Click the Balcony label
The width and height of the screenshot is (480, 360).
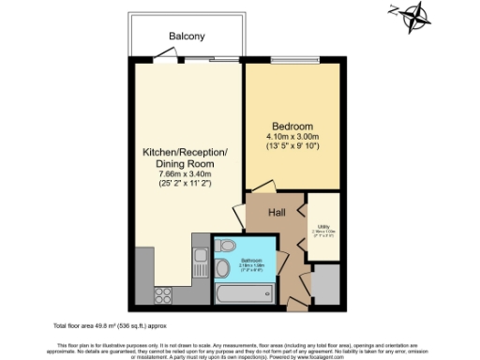(x=187, y=37)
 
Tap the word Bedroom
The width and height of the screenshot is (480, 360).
(x=292, y=127)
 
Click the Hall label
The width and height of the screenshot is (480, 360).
(x=277, y=213)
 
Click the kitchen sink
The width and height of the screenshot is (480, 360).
(x=199, y=260)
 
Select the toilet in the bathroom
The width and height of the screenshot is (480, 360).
(x=225, y=247)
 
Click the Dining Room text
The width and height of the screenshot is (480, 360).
(x=184, y=163)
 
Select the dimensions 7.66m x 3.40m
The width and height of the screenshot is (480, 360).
(x=184, y=174)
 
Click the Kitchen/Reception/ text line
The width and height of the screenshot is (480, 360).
(x=184, y=152)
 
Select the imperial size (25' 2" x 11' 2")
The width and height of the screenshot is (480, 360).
(x=184, y=186)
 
